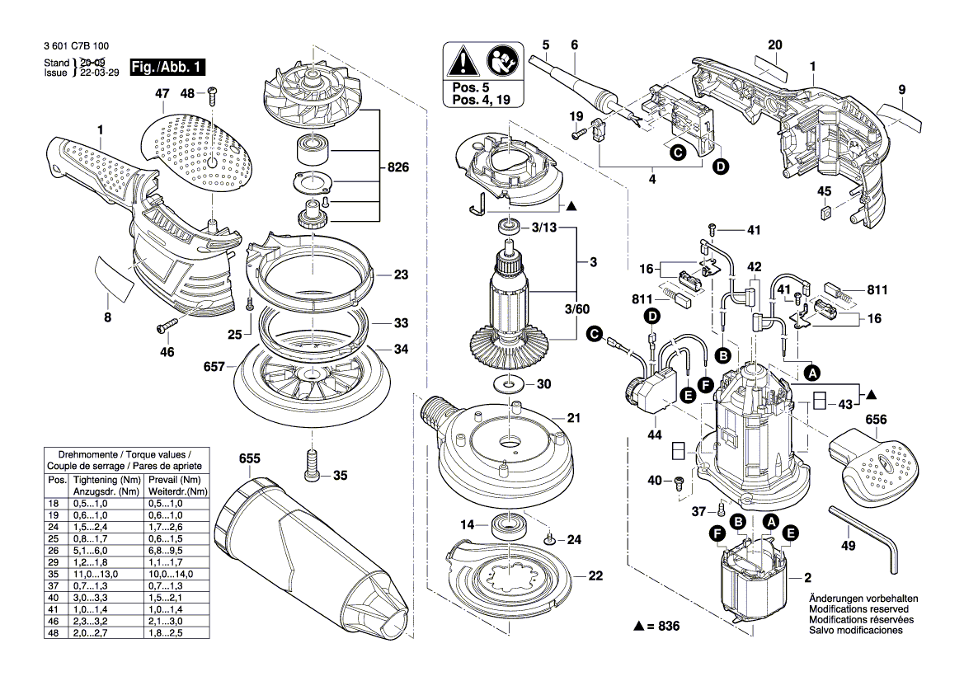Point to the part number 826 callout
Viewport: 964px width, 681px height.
pos(399,168)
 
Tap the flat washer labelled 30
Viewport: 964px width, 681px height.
pos(508,383)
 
